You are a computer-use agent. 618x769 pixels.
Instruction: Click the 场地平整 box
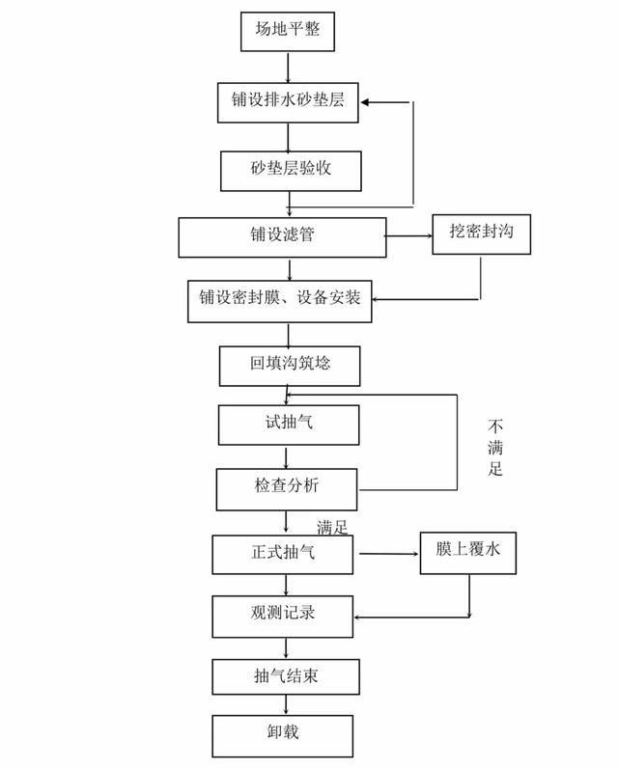[x=288, y=32]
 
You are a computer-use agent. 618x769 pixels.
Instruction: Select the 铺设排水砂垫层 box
[x=288, y=102]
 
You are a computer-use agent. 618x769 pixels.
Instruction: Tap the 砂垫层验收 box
[x=291, y=171]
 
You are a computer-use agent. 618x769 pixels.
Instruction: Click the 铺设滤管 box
[x=282, y=237]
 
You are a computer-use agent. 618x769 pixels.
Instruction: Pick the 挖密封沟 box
[x=482, y=234]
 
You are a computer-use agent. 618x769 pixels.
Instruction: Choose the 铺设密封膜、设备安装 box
[x=280, y=301]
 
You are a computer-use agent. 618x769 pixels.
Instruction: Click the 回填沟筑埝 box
[x=290, y=367]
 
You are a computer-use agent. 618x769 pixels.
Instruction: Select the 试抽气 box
[x=289, y=426]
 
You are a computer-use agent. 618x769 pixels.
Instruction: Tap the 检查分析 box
[x=287, y=489]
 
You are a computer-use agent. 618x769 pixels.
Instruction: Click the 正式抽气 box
[x=283, y=555]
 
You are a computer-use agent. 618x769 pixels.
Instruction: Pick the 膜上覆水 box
[x=468, y=553]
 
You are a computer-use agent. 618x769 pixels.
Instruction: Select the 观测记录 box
[x=283, y=617]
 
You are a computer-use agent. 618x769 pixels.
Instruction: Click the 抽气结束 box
[x=286, y=676]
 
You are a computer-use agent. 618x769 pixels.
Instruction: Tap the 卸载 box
[x=283, y=735]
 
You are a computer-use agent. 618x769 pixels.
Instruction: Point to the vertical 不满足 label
[x=495, y=448]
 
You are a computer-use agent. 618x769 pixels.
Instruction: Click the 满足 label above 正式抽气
[x=332, y=528]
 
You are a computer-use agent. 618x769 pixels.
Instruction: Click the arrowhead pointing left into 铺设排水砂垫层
[x=365, y=102]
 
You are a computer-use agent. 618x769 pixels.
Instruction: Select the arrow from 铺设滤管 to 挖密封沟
[x=408, y=236]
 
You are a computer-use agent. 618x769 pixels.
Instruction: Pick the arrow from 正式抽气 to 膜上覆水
[x=389, y=554]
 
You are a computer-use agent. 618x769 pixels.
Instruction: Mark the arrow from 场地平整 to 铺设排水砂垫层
[x=288, y=68]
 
